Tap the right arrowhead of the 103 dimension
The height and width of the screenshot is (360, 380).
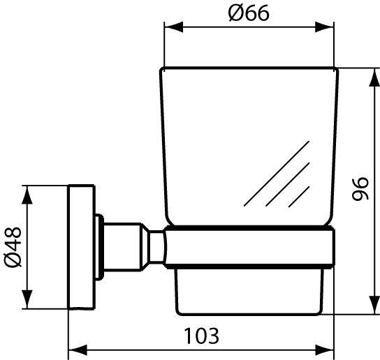coord(329,347)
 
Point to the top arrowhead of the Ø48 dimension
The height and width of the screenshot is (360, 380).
coord(27,191)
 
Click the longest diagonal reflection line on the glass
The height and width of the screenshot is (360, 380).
coord(276,173)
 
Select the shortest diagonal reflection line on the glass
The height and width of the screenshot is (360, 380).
coord(300,196)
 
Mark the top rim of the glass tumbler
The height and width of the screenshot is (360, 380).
coord(249,68)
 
